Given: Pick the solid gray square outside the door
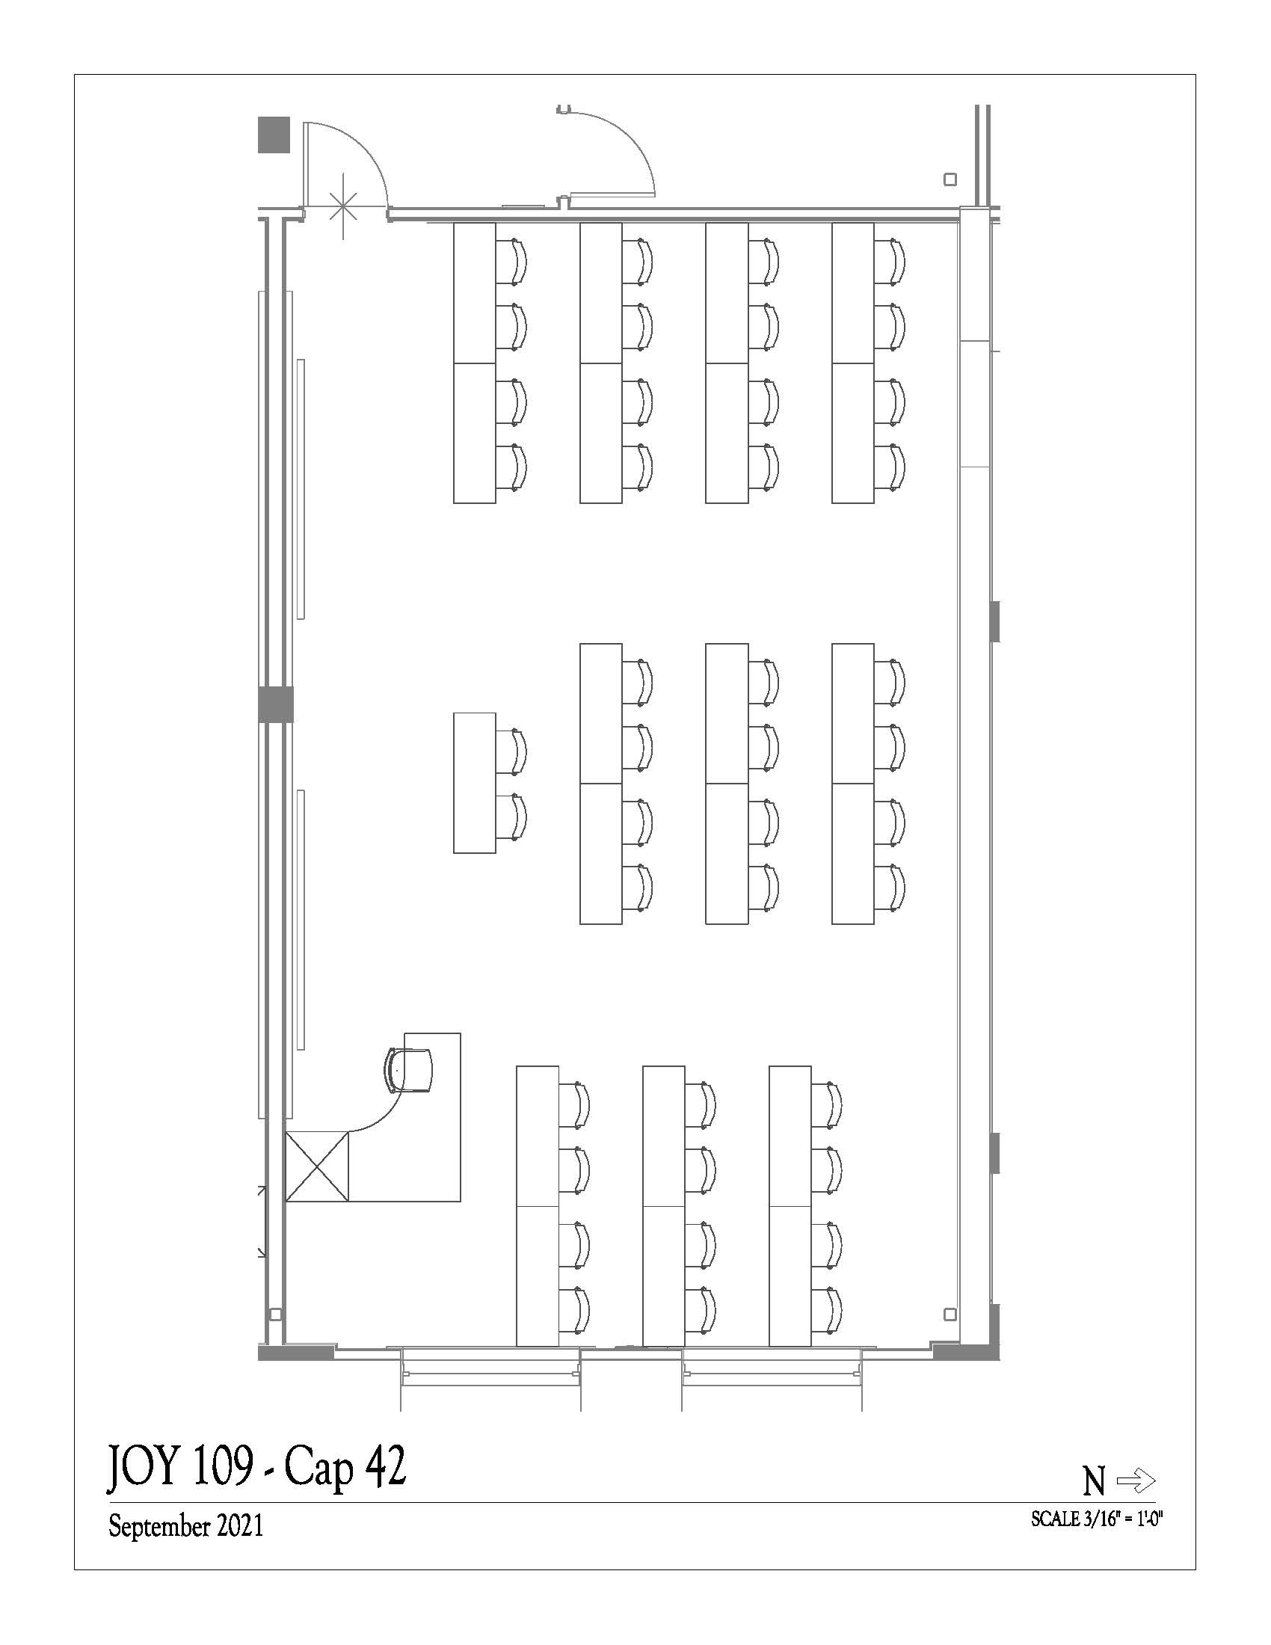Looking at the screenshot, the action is [x=274, y=135].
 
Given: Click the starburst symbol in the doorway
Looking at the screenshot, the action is [x=343, y=206].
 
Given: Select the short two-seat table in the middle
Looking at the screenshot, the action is [x=474, y=783].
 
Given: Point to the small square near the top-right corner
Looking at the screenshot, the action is [x=950, y=179].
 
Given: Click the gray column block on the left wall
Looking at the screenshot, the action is [x=276, y=705].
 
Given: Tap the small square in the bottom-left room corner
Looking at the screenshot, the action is [x=276, y=1315].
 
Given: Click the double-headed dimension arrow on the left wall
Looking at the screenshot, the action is [x=261, y=1221].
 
